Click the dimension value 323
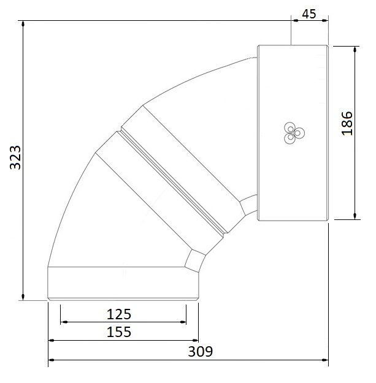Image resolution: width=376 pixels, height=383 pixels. pos(14,160)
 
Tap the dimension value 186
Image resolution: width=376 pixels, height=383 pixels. pos(347,123)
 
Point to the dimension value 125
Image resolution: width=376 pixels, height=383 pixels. pos(119,314)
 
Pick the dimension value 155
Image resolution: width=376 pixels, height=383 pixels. pos(119,332)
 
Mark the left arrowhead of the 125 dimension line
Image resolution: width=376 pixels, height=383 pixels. pos(63,322)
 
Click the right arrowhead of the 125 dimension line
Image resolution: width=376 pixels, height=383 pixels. pos(183,322)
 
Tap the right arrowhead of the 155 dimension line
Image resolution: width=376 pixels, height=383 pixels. pos(196,340)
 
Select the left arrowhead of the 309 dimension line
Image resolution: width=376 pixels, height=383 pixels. pos(51,360)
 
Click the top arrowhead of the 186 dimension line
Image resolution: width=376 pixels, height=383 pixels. pos(355,48)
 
